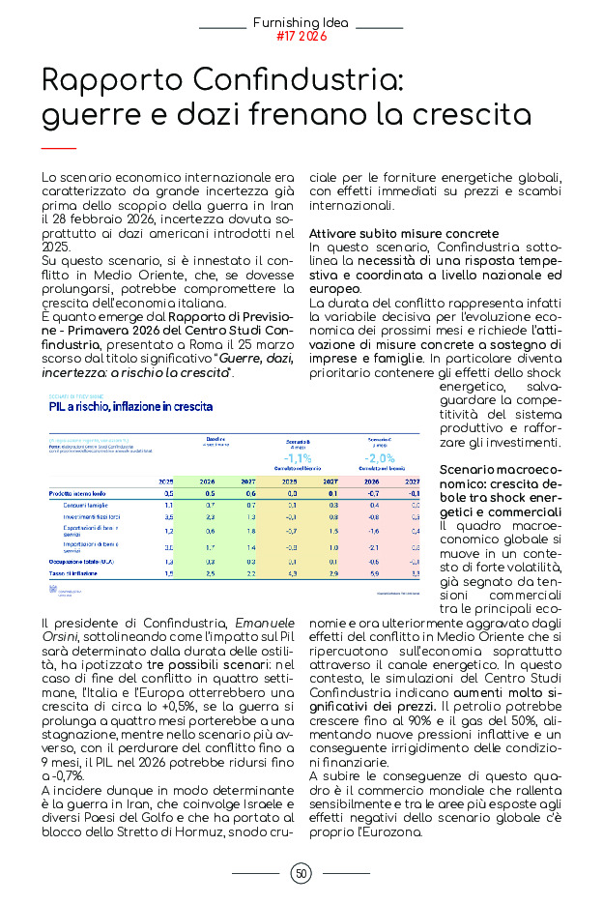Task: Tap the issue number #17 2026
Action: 301,37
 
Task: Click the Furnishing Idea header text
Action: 301,21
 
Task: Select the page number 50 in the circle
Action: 301,874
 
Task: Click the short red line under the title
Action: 59,148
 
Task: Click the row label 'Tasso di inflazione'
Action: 75,573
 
